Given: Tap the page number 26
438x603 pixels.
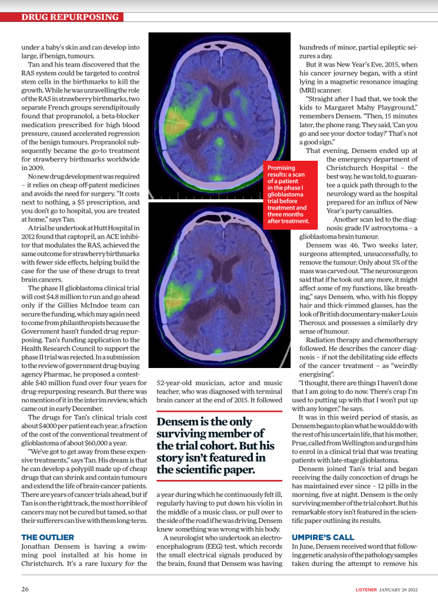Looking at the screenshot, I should coord(25,589).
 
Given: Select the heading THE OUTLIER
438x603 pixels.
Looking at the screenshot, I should coord(48,537).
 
